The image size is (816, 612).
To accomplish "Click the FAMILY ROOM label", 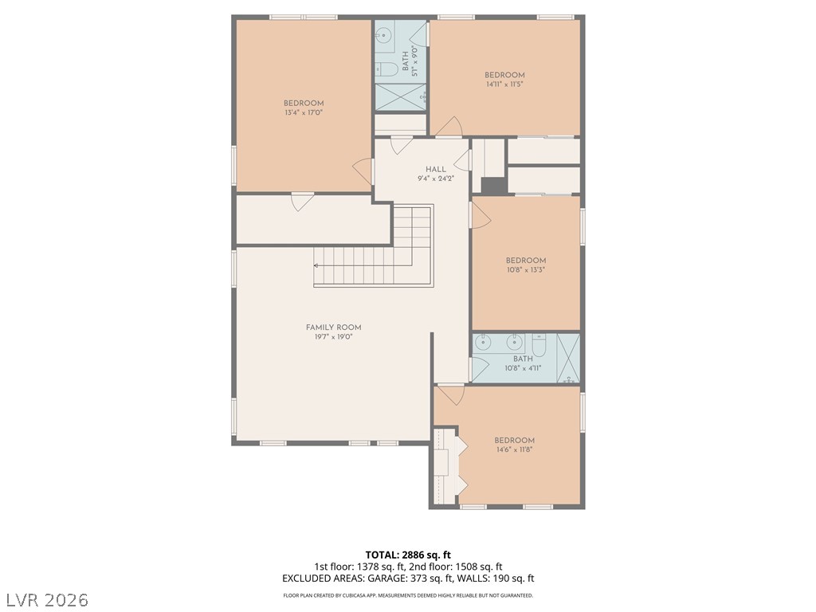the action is (334, 328).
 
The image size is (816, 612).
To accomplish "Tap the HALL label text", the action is (436, 169).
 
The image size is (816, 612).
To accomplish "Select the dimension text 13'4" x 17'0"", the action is (304, 112).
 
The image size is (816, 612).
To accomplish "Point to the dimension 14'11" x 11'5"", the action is (504, 84).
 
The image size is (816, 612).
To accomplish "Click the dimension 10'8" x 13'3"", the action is (526, 270).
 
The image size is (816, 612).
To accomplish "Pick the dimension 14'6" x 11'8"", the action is (514, 449).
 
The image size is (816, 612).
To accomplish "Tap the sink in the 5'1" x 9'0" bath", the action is (383, 36).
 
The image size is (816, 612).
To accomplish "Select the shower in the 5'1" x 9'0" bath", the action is (401, 96).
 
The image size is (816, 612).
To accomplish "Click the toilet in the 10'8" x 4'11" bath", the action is (539, 345).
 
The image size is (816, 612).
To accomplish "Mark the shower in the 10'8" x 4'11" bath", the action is (568, 359).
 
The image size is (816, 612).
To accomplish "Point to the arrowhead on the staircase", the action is (316, 265).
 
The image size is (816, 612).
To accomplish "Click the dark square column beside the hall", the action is (493, 186).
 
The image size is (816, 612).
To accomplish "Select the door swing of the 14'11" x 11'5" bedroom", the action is (449, 127).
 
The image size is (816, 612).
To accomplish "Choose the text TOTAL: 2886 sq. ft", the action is (408, 555).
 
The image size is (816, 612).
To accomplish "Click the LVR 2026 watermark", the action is (45, 600).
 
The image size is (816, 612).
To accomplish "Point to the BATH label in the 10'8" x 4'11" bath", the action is (523, 359).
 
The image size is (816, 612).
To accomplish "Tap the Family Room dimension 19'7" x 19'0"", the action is (334, 337).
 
